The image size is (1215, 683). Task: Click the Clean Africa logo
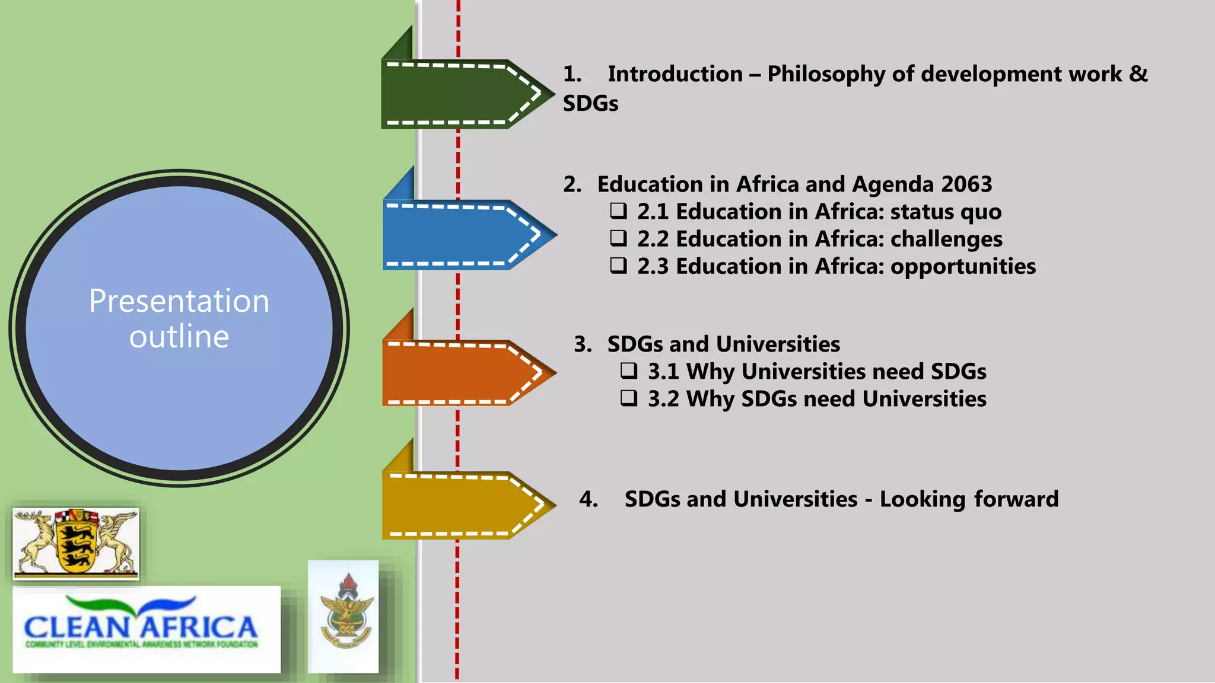coord(146,628)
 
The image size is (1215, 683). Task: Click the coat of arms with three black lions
coord(75,543)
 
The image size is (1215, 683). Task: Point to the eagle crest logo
coord(343,616)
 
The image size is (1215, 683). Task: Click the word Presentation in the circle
coord(179,301)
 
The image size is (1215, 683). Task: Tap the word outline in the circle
coord(179,337)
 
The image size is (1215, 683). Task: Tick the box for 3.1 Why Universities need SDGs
coord(629,371)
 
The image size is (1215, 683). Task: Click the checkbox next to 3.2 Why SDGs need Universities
coord(629,398)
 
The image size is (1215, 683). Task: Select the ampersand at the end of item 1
coord(1138,74)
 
